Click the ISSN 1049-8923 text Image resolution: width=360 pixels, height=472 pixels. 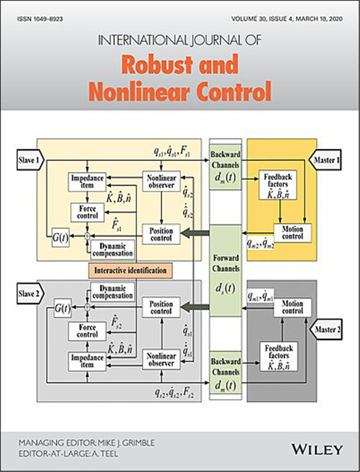(x=40, y=19)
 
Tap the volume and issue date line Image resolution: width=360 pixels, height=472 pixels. (x=287, y=19)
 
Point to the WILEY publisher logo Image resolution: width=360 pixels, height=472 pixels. (x=317, y=450)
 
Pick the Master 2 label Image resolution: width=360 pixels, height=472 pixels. (x=326, y=330)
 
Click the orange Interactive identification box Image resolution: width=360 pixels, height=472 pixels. (x=130, y=270)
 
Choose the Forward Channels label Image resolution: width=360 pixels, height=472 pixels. (x=225, y=263)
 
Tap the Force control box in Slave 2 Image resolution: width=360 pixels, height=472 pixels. (x=87, y=331)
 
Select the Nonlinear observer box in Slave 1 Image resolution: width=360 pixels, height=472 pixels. (x=161, y=182)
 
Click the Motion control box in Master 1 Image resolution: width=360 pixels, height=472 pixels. (x=292, y=233)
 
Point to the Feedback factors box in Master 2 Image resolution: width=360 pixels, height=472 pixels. (x=279, y=356)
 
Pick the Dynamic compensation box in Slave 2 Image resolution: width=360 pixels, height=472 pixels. (x=112, y=292)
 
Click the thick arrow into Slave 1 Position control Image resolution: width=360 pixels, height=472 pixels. (x=195, y=233)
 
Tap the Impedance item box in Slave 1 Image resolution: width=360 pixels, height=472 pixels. (x=87, y=182)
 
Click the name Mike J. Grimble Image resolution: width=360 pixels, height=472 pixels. (x=126, y=443)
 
